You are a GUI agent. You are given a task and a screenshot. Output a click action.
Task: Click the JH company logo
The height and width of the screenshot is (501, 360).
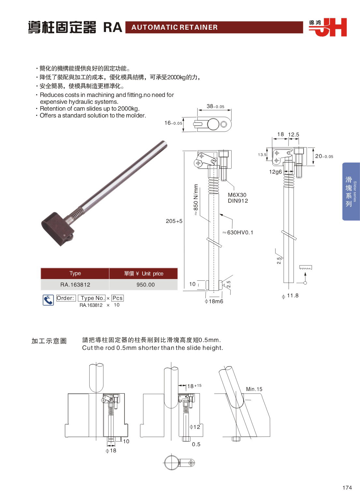(x=328, y=27)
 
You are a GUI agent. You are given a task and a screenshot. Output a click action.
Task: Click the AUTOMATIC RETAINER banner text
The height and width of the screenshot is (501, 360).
(x=174, y=27)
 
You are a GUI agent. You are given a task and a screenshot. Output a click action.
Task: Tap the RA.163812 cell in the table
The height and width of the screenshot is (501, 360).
(x=75, y=285)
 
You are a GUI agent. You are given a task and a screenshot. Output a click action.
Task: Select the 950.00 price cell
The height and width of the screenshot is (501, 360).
(x=145, y=285)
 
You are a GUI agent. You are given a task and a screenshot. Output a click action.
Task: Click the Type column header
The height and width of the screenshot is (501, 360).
(x=75, y=274)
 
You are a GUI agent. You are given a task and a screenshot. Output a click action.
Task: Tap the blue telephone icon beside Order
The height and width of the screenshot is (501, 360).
(x=48, y=300)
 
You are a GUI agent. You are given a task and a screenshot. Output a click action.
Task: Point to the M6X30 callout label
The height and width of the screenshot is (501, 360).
(x=237, y=195)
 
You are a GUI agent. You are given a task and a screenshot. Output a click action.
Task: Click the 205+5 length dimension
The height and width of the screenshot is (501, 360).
(x=174, y=221)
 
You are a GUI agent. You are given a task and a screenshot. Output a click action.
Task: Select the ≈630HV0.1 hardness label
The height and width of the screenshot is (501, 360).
(x=238, y=232)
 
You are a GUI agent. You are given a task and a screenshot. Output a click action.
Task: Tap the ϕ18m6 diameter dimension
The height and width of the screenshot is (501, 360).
(x=214, y=301)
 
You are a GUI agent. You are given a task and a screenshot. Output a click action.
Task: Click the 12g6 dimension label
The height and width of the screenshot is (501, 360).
(x=275, y=172)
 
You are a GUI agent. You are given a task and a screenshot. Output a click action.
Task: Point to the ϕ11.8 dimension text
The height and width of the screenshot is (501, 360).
(x=290, y=296)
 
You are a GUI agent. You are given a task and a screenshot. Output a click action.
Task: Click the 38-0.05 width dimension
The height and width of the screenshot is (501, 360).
(x=215, y=106)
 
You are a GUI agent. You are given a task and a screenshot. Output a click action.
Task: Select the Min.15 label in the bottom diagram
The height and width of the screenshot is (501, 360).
(x=254, y=389)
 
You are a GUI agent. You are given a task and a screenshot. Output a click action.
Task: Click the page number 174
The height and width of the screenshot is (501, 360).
(x=347, y=488)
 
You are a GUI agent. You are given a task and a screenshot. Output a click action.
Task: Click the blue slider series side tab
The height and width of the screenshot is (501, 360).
(x=351, y=192)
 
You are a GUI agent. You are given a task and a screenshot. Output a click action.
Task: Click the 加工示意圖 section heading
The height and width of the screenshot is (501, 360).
(x=49, y=341)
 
